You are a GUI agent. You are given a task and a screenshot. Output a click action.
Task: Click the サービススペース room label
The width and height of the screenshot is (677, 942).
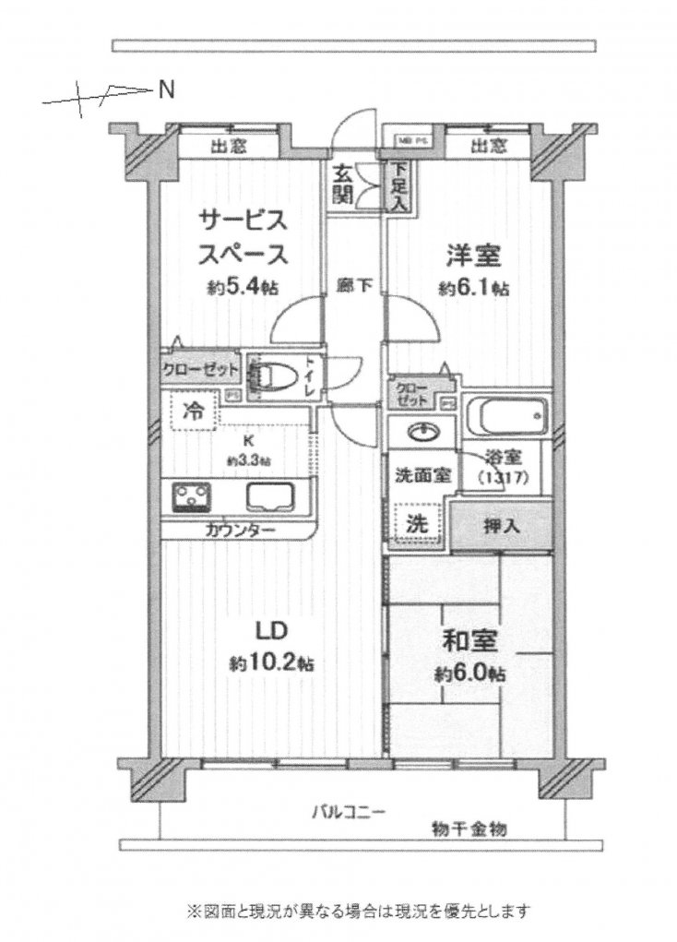pos(243,237)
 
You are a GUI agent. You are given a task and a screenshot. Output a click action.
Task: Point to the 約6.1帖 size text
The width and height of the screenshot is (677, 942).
pos(473,288)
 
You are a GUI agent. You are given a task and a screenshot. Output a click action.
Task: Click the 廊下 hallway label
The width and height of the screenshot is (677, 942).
pos(354,286)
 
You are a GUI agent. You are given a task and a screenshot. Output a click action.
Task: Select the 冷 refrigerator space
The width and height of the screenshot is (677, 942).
pos(193,411)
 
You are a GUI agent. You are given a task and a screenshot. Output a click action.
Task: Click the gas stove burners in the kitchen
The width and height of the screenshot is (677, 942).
pos(192,498)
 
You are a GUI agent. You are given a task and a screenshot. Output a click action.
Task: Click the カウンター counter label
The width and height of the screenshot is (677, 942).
pos(240,531)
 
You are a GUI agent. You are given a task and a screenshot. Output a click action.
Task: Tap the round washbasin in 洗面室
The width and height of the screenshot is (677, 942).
pos(422,433)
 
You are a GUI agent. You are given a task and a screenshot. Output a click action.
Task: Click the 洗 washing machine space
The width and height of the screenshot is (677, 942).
pos(417,523)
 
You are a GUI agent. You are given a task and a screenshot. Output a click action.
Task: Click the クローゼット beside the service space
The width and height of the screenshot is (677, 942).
pos(201,371)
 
